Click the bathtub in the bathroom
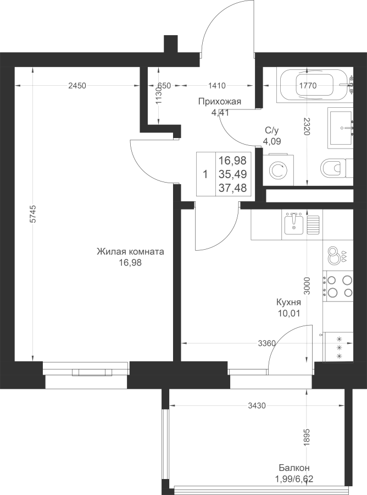click(x=314, y=85)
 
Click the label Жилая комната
click(x=130, y=252)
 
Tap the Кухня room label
click(x=289, y=302)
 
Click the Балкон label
click(x=294, y=468)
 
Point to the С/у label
click(x=272, y=130)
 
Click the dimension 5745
click(x=34, y=215)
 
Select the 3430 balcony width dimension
click(x=257, y=406)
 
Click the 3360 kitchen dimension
click(x=266, y=344)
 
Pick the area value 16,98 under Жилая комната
click(x=130, y=262)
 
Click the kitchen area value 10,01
click(x=289, y=313)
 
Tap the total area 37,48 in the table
click(x=232, y=188)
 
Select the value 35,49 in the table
click(x=232, y=174)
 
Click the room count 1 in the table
click(x=205, y=174)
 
